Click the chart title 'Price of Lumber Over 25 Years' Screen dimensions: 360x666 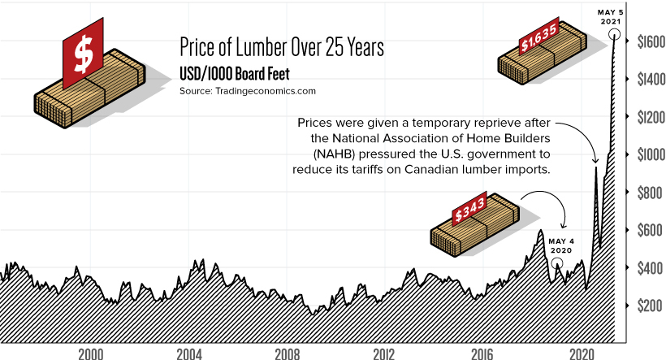(x=281, y=47)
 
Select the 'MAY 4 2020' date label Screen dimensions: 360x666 (x=559, y=246)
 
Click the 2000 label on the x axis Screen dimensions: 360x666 (x=89, y=355)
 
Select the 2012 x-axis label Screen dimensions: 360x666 (x=384, y=355)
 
